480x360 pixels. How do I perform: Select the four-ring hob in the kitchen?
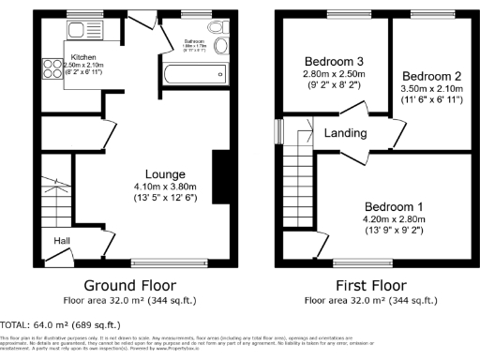(47, 67)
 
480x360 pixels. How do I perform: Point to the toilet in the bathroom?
(221, 44)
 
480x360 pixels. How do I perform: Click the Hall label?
(61, 241)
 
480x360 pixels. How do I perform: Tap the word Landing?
(344, 133)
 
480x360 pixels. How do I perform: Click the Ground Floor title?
(127, 285)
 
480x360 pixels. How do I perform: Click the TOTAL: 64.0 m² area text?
(56, 323)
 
